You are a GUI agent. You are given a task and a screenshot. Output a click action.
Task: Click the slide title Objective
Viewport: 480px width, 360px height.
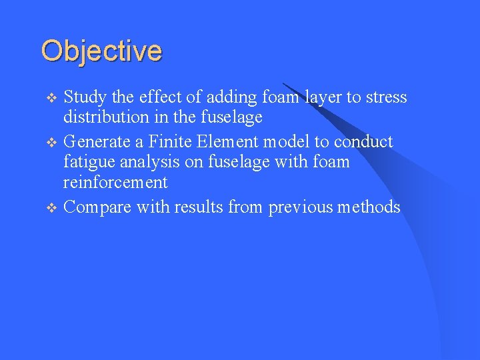pyautogui.click(x=101, y=51)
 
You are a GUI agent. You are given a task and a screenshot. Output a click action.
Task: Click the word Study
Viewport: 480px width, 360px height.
pyautogui.click(x=85, y=97)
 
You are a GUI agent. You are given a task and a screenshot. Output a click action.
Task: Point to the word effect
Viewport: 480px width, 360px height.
pyautogui.click(x=160, y=97)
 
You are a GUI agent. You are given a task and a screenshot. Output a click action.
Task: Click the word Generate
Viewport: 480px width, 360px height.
pyautogui.click(x=98, y=142)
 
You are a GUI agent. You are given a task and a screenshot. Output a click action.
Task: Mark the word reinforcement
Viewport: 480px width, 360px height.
pyautogui.click(x=115, y=182)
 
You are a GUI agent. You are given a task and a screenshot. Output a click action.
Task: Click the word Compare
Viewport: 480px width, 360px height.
pyautogui.click(x=97, y=207)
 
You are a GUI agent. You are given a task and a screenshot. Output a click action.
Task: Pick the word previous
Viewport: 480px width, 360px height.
pyautogui.click(x=300, y=207)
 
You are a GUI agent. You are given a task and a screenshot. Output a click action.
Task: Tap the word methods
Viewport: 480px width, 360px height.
pyautogui.click(x=368, y=207)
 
